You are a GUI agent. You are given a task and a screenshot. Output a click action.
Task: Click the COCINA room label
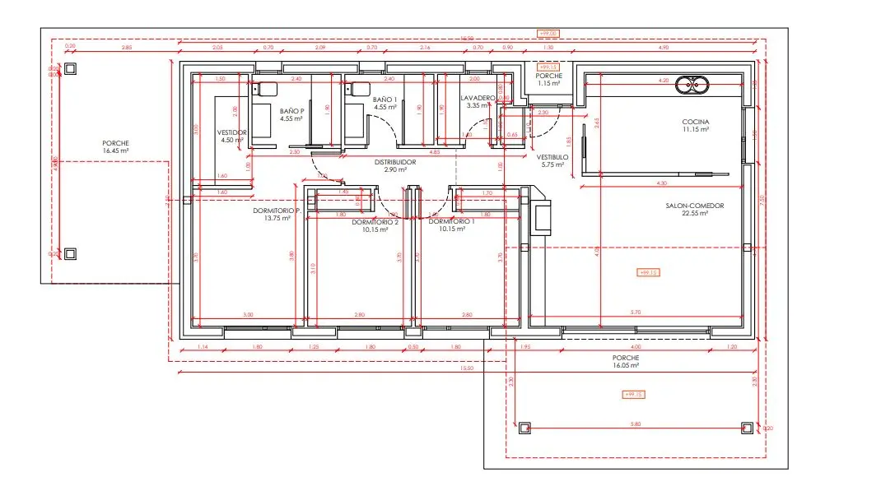[695, 122]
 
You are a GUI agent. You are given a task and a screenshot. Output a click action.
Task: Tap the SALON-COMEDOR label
[695, 206]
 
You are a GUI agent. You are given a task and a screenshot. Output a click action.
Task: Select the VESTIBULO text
[552, 156]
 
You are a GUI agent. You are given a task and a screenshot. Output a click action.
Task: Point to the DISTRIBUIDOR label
[395, 162]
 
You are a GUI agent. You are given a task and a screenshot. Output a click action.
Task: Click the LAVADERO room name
[478, 98]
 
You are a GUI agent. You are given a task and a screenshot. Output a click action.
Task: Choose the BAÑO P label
[291, 110]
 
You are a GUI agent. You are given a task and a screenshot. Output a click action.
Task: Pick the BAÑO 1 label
[385, 100]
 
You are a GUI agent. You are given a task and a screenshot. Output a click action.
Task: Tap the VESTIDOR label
[231, 132]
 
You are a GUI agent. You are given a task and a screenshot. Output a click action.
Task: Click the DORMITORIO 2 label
[375, 222]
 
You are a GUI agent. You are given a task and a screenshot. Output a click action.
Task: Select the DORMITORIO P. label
[277, 211]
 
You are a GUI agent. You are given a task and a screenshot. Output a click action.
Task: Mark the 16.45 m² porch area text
[116, 151]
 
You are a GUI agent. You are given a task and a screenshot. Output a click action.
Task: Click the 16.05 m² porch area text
[626, 366]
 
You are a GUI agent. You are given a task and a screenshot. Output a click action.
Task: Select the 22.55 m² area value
[695, 214]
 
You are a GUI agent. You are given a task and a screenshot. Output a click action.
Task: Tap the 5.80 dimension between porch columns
[634, 424]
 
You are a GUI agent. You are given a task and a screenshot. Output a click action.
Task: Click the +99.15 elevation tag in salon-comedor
[650, 272]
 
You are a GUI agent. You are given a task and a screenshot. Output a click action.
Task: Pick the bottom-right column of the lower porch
[747, 428]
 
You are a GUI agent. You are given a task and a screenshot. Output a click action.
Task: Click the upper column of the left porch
[71, 70]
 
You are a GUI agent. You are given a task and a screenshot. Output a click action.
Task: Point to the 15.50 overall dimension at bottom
[467, 368]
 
